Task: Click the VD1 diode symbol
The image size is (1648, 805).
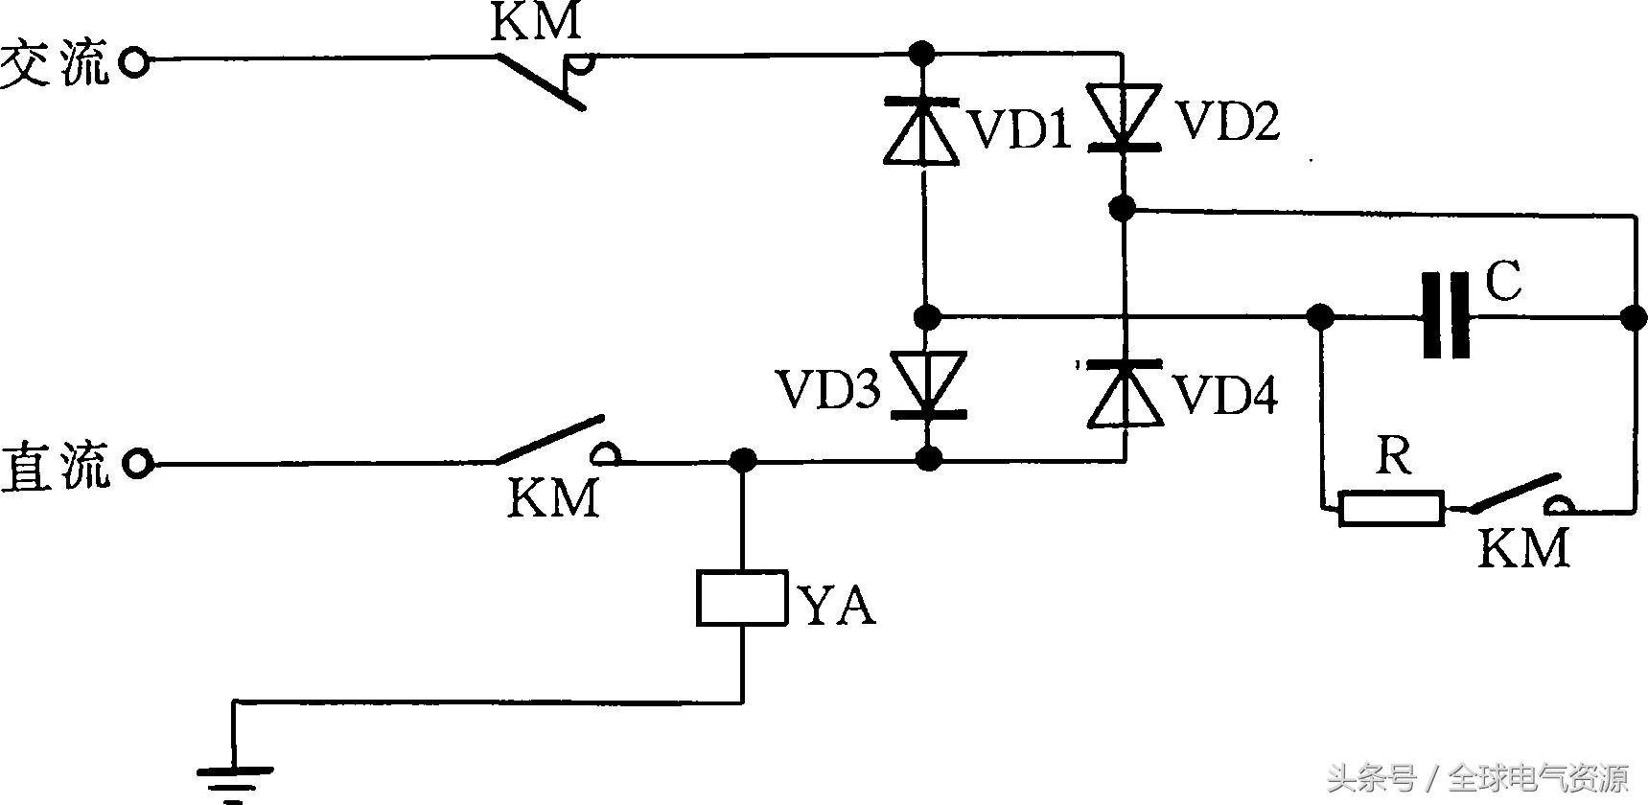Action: (x=922, y=130)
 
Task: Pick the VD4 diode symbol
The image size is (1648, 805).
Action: (x=1125, y=393)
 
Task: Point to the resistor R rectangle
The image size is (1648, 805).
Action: (x=1391, y=508)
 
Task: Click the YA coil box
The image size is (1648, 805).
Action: (x=742, y=598)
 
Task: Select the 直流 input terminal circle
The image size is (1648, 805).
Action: (x=138, y=465)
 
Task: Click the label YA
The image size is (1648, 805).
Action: (x=837, y=606)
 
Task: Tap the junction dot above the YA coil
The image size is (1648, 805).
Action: (x=742, y=461)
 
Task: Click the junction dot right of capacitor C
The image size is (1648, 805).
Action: (x=1630, y=316)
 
